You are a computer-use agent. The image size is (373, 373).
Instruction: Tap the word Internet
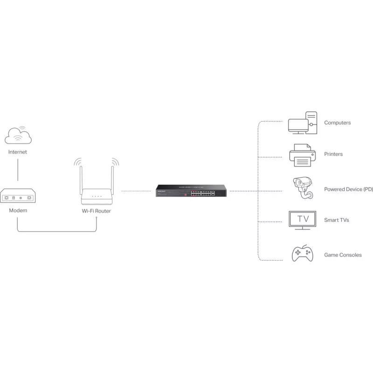tap(18, 152)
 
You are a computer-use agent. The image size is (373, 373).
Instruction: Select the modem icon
tap(18, 195)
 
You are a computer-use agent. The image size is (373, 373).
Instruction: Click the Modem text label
tap(18, 211)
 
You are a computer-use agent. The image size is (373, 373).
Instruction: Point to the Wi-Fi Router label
tap(97, 211)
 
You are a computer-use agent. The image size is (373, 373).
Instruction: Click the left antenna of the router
tap(81, 179)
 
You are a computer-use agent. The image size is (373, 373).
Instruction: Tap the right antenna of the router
tap(112, 179)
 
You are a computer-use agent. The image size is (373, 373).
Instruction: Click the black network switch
tap(191, 191)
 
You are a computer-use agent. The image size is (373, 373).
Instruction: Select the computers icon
tap(303, 123)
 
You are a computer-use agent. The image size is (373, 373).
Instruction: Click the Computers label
tap(337, 123)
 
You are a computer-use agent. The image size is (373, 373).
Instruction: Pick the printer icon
tap(303, 155)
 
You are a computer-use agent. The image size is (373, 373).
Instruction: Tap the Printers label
tap(333, 154)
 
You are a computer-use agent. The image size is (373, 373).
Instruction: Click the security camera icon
tap(303, 188)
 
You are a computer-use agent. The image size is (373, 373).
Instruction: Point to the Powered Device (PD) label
tap(348, 189)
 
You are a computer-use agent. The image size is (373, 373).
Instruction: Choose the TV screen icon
tap(302, 220)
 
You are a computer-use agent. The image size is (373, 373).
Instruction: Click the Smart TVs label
tap(336, 220)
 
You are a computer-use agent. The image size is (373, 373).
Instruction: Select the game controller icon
tap(302, 253)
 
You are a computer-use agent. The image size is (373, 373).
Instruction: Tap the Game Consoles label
tap(343, 255)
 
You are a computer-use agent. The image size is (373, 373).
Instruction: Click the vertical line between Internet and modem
tap(18, 170)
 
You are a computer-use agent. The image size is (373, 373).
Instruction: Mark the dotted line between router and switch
tap(136, 191)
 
